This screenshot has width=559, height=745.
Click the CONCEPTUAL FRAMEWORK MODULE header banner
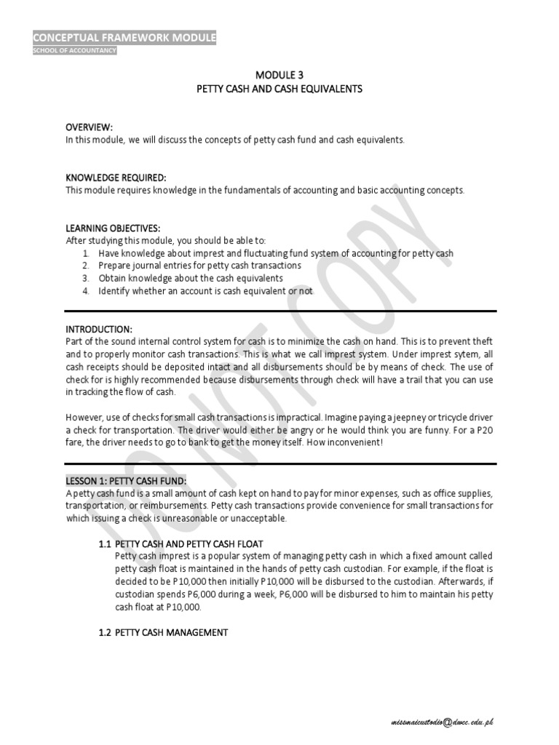coord(124,38)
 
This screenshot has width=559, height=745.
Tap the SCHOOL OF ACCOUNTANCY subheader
coord(74,50)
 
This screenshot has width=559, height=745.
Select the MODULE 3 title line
coord(279,75)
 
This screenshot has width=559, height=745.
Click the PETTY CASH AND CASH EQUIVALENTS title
coord(279,88)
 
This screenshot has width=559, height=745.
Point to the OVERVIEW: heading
coord(90,127)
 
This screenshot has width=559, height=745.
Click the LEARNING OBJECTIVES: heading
coord(113,228)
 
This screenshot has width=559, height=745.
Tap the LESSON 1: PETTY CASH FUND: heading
coord(126,481)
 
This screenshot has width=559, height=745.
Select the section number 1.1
coord(104,544)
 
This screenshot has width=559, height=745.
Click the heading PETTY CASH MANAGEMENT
coord(171,633)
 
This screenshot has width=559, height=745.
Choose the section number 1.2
coord(104,633)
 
